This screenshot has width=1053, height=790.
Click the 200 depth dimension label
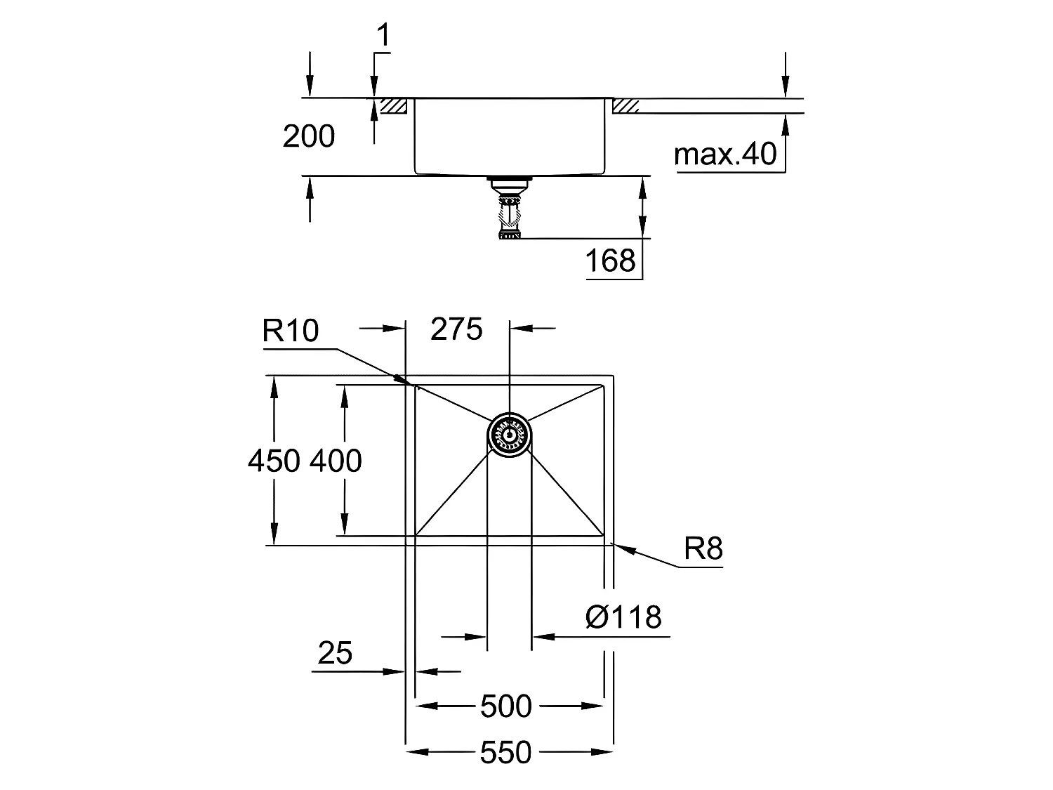pyautogui.click(x=308, y=136)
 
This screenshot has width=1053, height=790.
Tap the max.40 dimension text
pyautogui.click(x=725, y=154)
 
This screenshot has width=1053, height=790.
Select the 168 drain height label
pyautogui.click(x=610, y=261)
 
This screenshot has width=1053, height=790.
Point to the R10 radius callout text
pyautogui.click(x=290, y=331)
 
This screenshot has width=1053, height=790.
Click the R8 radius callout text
pyautogui.click(x=703, y=548)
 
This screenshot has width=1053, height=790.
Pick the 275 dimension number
pyautogui.click(x=456, y=329)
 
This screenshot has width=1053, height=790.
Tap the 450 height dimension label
pyautogui.click(x=274, y=461)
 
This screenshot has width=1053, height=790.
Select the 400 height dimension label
pyautogui.click(x=336, y=461)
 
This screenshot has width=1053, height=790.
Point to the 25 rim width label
pyautogui.click(x=335, y=653)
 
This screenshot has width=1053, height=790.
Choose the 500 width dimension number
pyautogui.click(x=506, y=706)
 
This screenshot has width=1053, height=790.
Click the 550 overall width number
pyautogui.click(x=506, y=753)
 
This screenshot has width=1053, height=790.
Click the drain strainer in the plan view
pyautogui.click(x=510, y=435)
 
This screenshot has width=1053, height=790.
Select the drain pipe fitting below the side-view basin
pyautogui.click(x=509, y=207)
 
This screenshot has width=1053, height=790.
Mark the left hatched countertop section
pyautogui.click(x=393, y=106)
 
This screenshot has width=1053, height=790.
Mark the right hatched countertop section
pyautogui.click(x=625, y=106)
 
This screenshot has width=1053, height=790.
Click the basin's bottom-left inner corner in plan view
pyautogui.click(x=416, y=535)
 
